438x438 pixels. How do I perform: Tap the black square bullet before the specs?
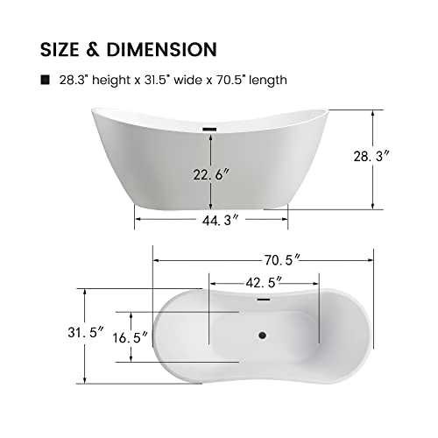pos(46,80)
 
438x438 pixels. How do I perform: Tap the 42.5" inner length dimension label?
pos(265,283)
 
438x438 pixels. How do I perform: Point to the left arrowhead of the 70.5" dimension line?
pos(156,259)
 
